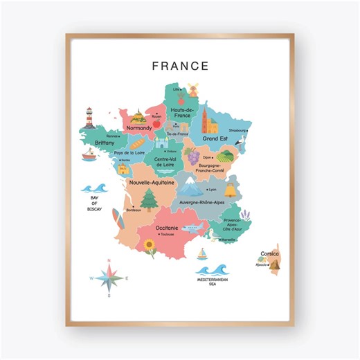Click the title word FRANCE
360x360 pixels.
(180, 66)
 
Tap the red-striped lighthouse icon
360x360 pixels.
(89, 117)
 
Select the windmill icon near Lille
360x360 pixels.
(193, 89)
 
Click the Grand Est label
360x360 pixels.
(215, 138)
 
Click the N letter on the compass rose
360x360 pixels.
(109, 261)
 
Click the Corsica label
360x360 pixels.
(269, 253)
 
